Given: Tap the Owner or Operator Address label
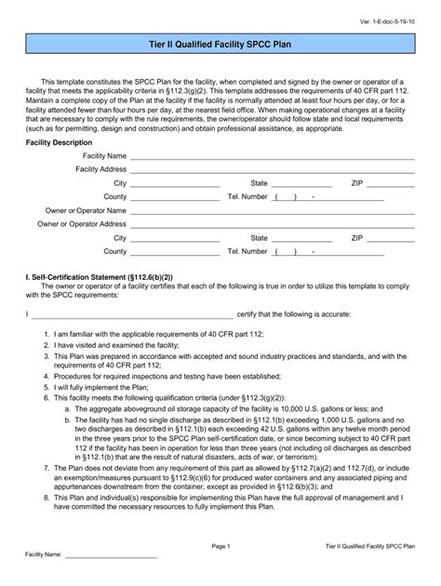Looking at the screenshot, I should [x=82, y=224].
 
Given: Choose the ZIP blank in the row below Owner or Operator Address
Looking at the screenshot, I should [x=390, y=238].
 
